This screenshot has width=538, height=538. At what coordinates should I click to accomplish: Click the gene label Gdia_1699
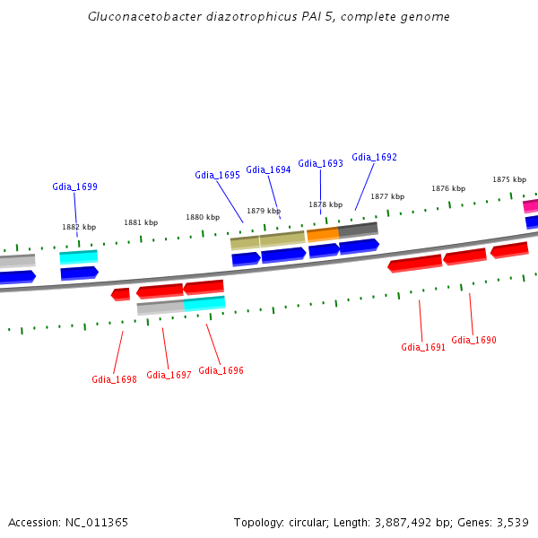coord(74,187)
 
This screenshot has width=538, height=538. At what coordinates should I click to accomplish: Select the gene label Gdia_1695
coord(217,176)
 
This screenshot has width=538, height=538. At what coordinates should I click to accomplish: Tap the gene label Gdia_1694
coord(268,170)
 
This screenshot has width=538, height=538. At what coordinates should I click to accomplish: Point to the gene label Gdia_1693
coord(320,164)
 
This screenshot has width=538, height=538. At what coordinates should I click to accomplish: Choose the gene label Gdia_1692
coord(374,158)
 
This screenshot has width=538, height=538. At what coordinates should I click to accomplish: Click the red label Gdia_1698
coord(114,380)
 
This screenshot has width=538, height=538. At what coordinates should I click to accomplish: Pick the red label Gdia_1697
coord(169,376)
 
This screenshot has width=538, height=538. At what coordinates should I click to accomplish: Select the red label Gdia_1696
coord(221,371)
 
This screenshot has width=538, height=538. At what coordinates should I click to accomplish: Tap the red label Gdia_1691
coord(423,348)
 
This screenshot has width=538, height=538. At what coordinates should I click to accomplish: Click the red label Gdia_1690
coord(473,341)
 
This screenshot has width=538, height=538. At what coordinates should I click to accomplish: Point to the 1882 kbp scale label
coord(79,228)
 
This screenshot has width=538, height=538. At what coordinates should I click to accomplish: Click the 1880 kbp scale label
coord(203,218)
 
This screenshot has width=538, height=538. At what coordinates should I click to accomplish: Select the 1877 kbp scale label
coord(387,196)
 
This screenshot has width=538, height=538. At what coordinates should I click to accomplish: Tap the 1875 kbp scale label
coord(508,180)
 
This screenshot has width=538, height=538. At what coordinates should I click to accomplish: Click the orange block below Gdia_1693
coord(323,235)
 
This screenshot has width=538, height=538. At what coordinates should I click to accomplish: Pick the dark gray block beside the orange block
coord(358,230)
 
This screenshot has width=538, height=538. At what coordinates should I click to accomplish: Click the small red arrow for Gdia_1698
coord(120,294)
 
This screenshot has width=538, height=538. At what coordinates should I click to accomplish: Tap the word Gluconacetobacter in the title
coord(139,17)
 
